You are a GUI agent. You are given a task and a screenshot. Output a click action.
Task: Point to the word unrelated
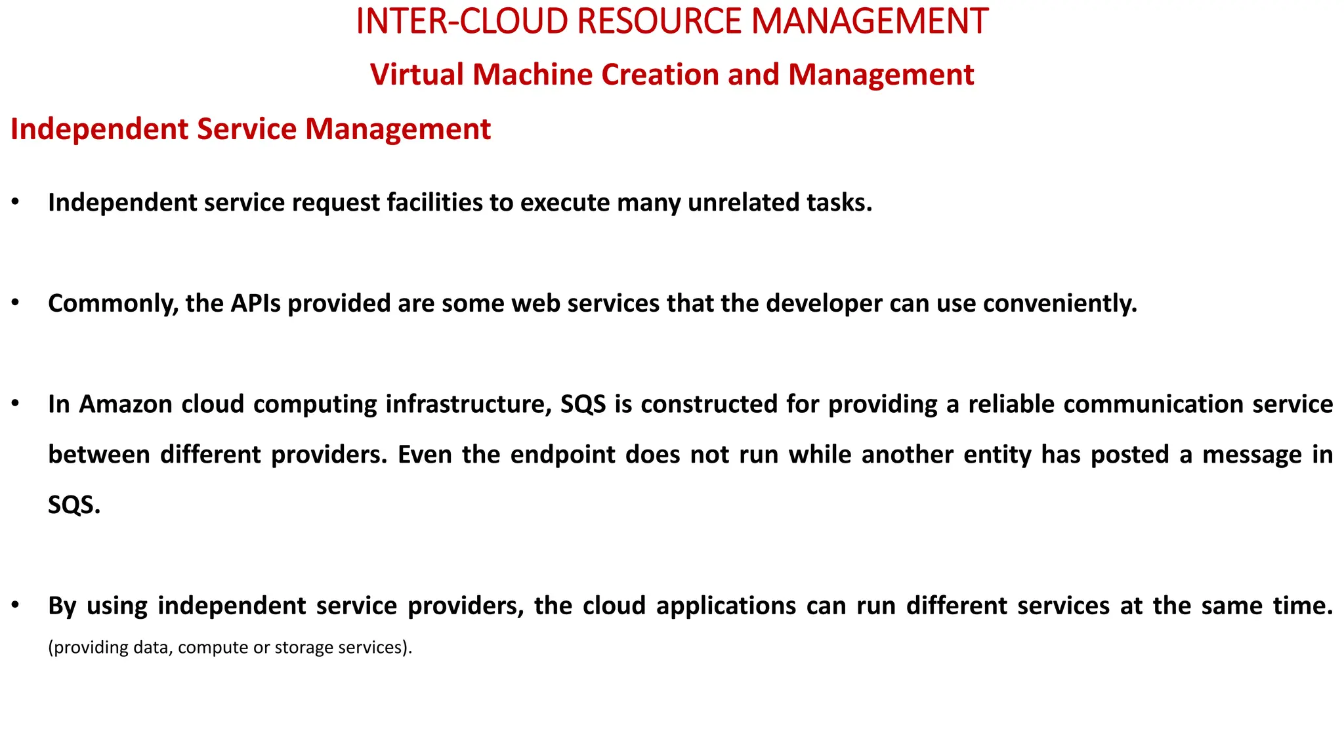pos(734,203)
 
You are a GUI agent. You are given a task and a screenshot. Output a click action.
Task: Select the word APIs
pos(255,303)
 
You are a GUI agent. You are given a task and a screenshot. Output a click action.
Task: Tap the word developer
pos(824,303)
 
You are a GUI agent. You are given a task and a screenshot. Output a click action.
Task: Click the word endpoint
pos(562,454)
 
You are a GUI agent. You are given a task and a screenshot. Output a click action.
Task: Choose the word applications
pos(726,605)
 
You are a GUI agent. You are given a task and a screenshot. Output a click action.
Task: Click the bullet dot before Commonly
pos(15,303)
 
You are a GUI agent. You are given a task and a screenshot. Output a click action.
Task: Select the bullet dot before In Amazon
pos(15,404)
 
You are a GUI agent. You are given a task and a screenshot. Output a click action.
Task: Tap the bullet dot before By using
pos(15,605)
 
